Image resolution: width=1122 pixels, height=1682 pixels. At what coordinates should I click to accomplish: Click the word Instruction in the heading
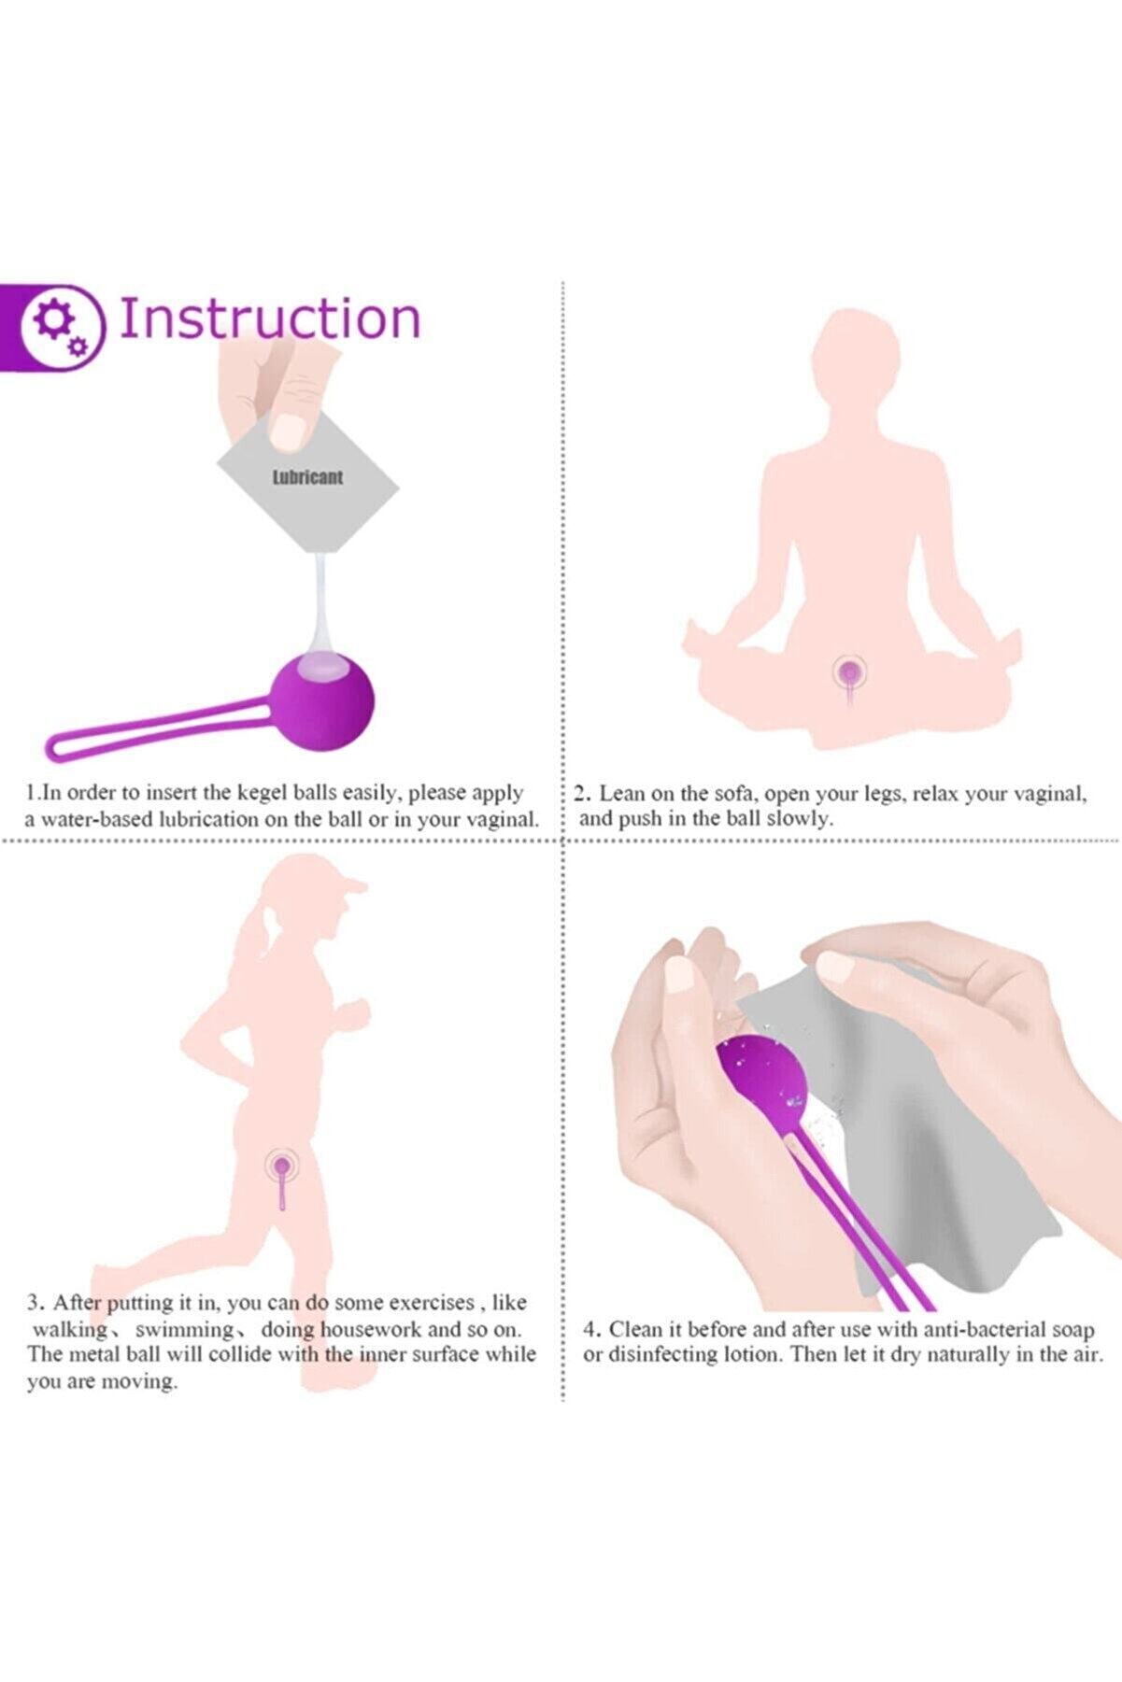coord(270,318)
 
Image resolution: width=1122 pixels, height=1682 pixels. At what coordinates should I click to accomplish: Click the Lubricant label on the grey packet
coord(307,477)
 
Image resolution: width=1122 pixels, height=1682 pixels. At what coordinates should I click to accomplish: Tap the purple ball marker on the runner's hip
coord(280,1165)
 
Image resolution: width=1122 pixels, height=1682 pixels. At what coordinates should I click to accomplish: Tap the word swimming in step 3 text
coord(183,1329)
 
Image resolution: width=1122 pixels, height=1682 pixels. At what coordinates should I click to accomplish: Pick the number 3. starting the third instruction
coord(35,1303)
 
